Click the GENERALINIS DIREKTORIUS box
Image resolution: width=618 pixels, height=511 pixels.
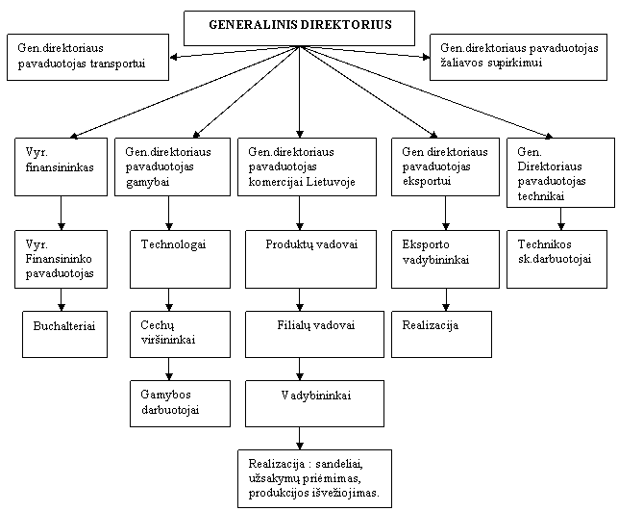point(299,28)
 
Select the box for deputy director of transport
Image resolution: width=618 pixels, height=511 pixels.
point(87,57)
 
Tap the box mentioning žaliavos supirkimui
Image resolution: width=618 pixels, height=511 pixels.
point(518,57)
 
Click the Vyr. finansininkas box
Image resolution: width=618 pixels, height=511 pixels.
point(62,166)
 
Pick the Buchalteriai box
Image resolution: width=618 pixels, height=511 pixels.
point(65,334)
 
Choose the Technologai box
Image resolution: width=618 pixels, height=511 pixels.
point(180,259)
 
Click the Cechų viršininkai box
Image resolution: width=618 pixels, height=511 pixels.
point(180,334)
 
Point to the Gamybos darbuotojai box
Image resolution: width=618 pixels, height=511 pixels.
point(180,403)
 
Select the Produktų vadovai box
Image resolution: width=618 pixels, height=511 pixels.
point(311,259)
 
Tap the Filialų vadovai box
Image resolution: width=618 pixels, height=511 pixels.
point(314,334)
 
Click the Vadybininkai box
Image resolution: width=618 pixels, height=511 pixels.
point(314,403)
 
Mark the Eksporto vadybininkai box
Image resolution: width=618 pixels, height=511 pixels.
point(445,259)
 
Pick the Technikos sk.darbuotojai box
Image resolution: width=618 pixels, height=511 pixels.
point(556,259)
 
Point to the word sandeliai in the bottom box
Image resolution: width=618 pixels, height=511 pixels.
point(338,464)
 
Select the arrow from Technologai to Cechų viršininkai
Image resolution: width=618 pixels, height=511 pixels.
point(169,299)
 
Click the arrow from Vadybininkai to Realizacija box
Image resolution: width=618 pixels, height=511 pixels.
point(300,438)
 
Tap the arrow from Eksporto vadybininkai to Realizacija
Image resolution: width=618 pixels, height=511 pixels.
point(446,299)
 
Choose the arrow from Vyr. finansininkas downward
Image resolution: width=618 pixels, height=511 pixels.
point(62,213)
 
